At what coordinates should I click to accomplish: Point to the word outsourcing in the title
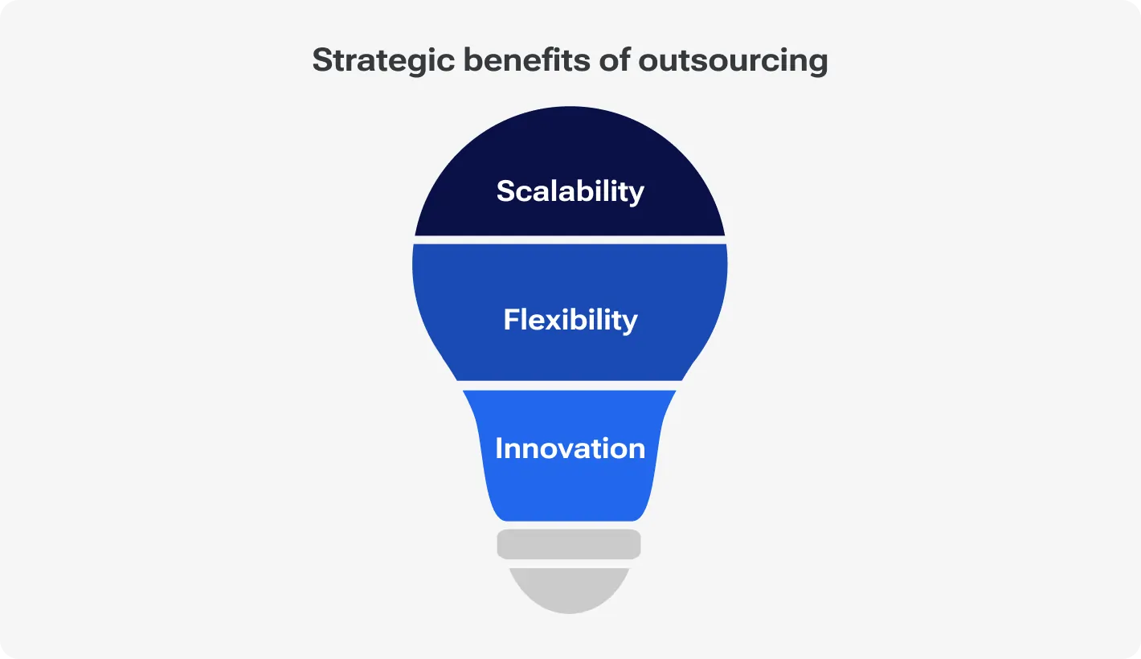[733, 61]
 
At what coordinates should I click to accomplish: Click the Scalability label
[570, 191]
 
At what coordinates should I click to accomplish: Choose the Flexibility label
[570, 320]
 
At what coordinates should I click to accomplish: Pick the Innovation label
[570, 448]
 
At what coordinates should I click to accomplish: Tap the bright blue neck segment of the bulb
[570, 490]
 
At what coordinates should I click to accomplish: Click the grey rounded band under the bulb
[569, 544]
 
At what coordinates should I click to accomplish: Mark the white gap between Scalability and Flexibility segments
[570, 239]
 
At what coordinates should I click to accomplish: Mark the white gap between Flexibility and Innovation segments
[570, 385]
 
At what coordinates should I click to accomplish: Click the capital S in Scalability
[506, 191]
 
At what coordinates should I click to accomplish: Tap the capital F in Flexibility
[512, 320]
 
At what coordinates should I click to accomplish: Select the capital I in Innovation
[499, 448]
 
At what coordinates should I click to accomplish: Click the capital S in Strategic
[322, 61]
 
